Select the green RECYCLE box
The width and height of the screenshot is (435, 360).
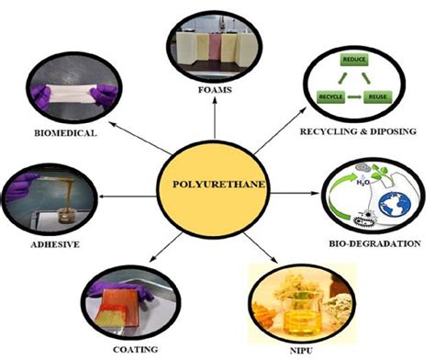pyautogui.click(x=331, y=95)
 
